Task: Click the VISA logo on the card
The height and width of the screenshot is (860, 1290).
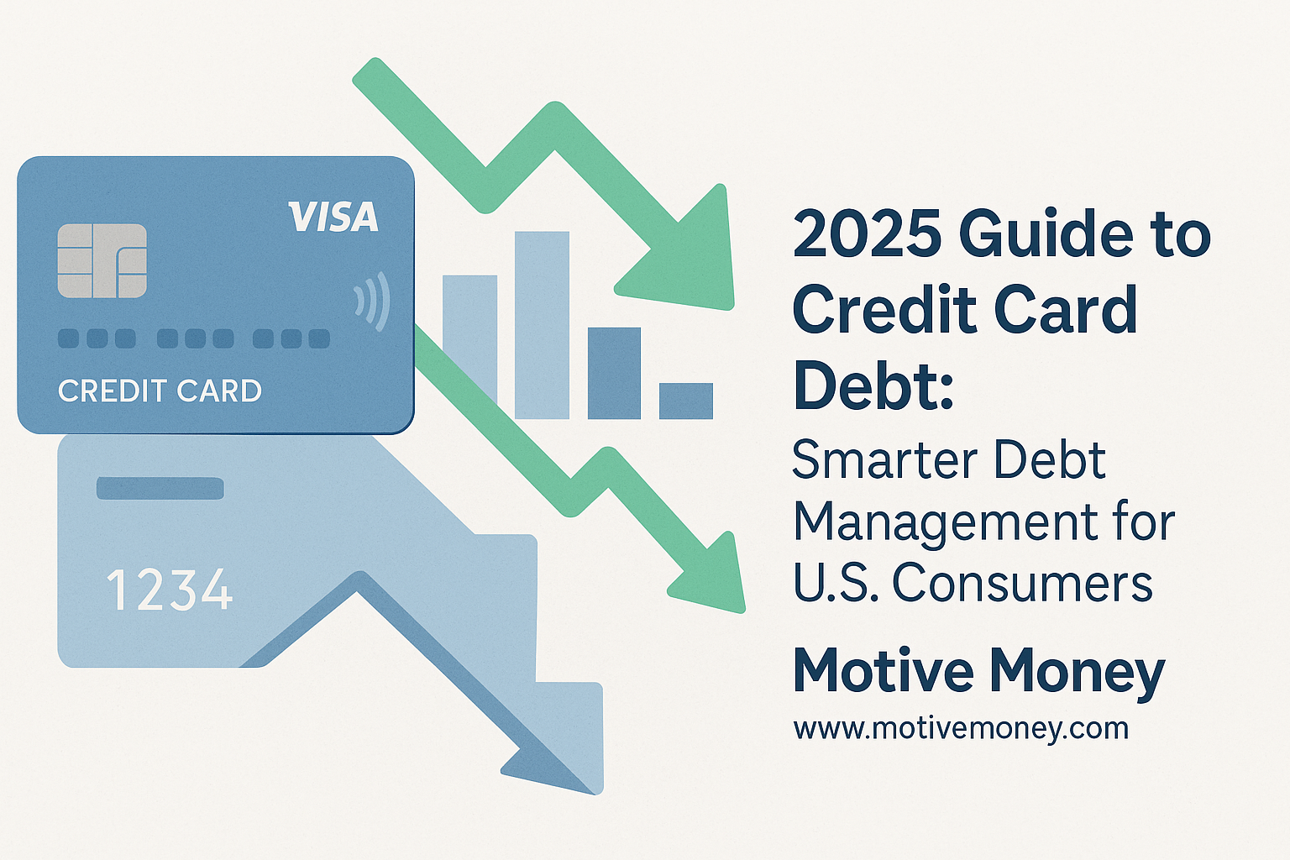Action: (333, 218)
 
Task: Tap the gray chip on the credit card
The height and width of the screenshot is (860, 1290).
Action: (102, 261)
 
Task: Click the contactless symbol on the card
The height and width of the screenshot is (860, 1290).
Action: (372, 302)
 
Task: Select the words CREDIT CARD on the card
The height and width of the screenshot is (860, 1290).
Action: (160, 391)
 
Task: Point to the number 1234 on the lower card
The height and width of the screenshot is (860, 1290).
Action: (170, 590)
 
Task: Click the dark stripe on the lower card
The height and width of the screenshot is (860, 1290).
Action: (160, 488)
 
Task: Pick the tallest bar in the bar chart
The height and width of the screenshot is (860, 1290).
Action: (542, 325)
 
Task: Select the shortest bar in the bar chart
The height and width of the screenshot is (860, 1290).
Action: (686, 401)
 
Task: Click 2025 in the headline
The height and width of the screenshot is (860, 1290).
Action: (868, 234)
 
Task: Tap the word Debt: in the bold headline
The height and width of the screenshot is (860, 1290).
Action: (873, 383)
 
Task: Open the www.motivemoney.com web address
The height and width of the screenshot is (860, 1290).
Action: (961, 729)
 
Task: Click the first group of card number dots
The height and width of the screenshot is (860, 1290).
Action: (97, 338)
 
